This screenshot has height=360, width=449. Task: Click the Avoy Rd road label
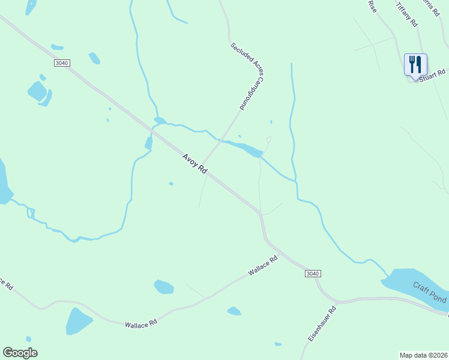pos(194,163)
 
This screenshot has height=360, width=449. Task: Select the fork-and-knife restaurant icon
pos(415,64)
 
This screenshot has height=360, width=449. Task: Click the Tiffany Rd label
pos(406,13)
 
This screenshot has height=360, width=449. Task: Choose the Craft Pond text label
pos(430,292)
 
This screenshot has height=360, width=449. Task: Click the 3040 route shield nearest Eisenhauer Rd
pos(312,274)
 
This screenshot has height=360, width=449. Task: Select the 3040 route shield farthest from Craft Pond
pos(62,62)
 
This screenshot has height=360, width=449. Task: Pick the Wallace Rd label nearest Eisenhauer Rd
pos(264,266)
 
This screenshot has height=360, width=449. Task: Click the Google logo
pos(20,352)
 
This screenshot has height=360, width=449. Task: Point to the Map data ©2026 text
pos(423,355)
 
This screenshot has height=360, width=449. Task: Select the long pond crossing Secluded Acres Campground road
pos(243,148)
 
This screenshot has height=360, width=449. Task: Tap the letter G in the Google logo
pos(8,352)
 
